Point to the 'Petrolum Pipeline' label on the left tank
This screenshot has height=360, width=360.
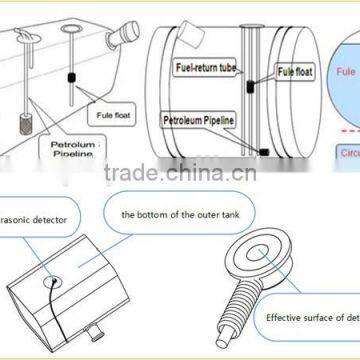click(73, 149)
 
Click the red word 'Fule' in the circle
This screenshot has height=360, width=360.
click(346, 73)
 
